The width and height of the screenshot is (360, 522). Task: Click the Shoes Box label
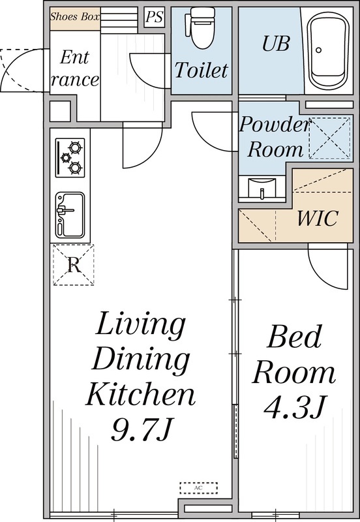74,17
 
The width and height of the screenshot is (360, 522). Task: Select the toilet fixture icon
200,27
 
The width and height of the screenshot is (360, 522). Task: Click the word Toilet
201,70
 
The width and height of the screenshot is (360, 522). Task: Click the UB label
276,44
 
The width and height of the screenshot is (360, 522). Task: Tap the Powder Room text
272,136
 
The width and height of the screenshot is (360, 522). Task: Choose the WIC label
317,218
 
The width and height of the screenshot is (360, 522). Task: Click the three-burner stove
70,157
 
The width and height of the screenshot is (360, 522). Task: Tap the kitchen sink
70,214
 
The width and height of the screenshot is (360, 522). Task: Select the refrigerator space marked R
73,265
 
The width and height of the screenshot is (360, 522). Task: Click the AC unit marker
198,487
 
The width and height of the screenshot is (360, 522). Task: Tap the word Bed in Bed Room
295,339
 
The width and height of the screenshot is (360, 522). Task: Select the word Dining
141,358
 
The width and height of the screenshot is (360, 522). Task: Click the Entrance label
74,69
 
